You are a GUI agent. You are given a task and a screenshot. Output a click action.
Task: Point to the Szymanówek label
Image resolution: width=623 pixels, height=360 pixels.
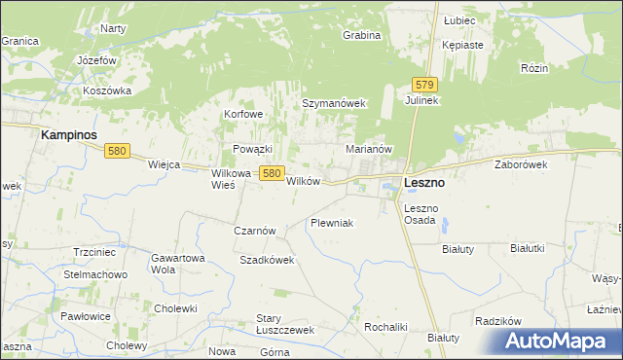point(333,103)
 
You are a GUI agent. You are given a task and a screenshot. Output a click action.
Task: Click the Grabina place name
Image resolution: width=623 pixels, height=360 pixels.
point(361,35)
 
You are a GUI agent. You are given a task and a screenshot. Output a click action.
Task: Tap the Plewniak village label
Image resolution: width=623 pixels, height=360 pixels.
point(331,223)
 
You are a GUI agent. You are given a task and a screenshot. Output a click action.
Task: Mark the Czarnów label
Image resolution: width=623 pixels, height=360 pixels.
point(256,231)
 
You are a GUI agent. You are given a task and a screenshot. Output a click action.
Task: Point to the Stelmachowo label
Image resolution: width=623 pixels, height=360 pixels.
point(95,274)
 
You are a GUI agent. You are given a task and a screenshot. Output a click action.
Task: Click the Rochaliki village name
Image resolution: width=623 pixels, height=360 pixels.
point(385,327)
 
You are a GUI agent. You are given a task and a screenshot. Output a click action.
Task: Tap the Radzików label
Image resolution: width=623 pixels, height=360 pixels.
point(499,321)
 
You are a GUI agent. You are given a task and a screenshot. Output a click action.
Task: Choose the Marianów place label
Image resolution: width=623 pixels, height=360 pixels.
point(369,149)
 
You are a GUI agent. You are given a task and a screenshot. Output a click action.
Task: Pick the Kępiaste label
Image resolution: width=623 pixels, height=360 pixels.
point(462,45)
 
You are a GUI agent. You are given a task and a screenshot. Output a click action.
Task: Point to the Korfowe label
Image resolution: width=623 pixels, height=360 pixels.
point(243,114)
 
